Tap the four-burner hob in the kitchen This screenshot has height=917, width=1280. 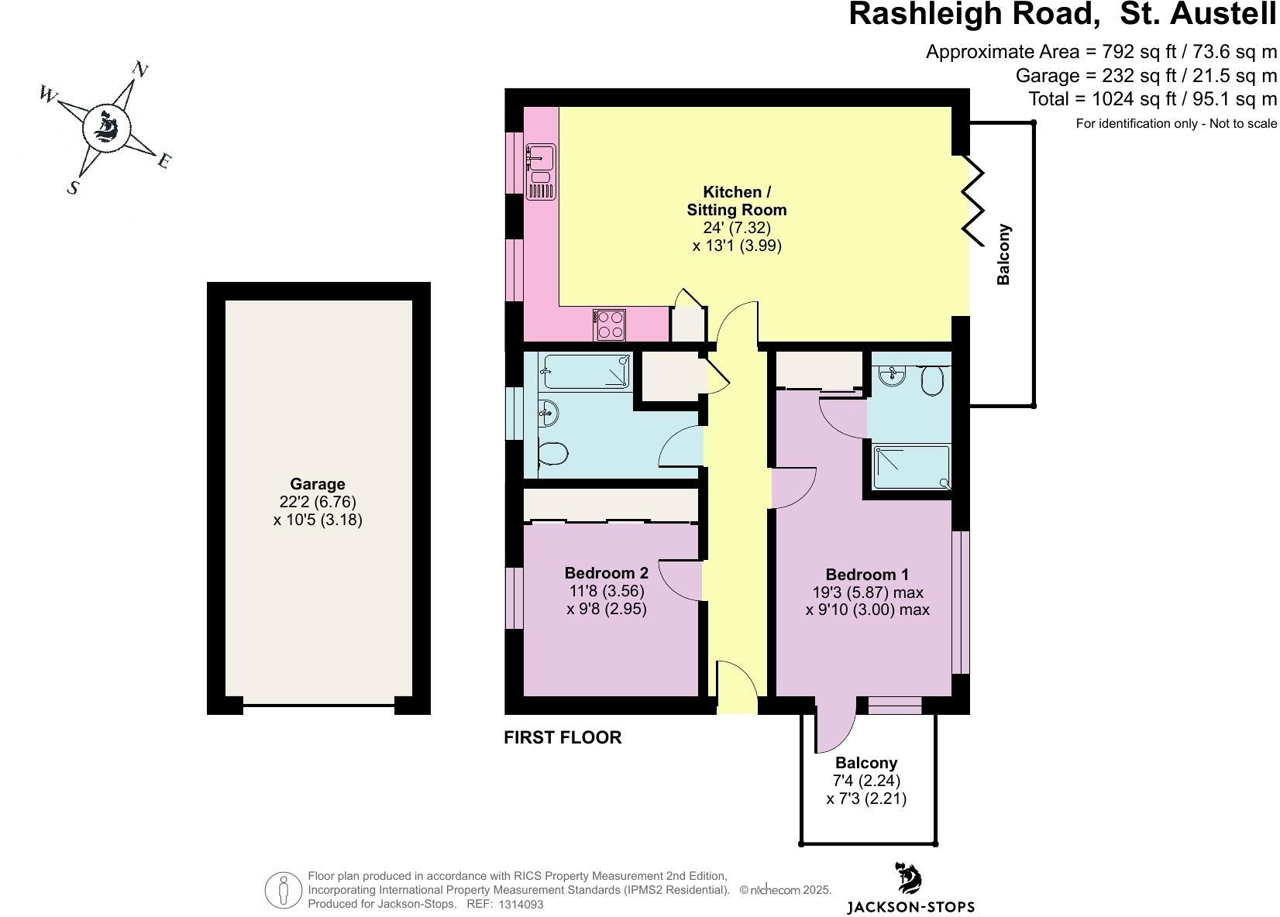(610, 325)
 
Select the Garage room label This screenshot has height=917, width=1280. (318, 485)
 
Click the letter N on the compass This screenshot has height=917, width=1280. (140, 70)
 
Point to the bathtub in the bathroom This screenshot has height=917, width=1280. (587, 372)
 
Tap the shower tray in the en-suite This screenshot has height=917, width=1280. (911, 467)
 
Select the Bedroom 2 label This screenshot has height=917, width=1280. (606, 573)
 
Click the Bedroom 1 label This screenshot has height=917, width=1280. (867, 575)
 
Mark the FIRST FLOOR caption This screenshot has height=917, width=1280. (563, 737)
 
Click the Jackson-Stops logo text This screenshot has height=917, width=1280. (910, 907)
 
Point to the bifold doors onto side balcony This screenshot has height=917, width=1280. (973, 197)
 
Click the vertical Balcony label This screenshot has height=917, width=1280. (1003, 255)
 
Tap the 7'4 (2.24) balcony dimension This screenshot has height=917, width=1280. (866, 781)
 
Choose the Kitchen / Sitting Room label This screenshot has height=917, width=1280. (736, 201)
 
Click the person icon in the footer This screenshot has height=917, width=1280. (284, 891)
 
